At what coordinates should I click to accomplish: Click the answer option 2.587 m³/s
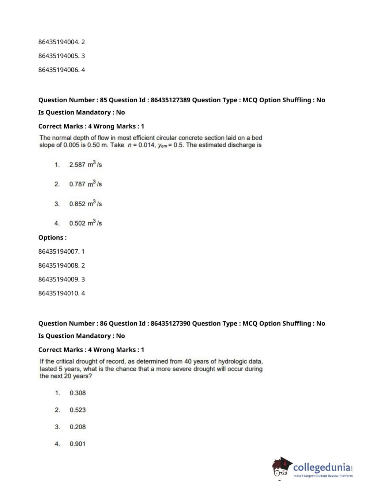click(85, 165)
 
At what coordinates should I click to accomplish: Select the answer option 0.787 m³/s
click(85, 184)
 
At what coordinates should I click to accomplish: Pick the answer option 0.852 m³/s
click(85, 204)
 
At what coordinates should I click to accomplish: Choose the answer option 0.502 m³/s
click(85, 223)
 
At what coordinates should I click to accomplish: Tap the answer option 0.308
click(78, 393)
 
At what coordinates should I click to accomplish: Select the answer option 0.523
click(78, 410)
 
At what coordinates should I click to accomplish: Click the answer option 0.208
click(78, 427)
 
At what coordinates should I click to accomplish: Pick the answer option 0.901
click(78, 444)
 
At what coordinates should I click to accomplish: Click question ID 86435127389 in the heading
click(170, 100)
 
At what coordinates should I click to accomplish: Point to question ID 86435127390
click(170, 323)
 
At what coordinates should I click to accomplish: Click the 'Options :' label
click(52, 238)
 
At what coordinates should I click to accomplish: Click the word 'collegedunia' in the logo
click(321, 467)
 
